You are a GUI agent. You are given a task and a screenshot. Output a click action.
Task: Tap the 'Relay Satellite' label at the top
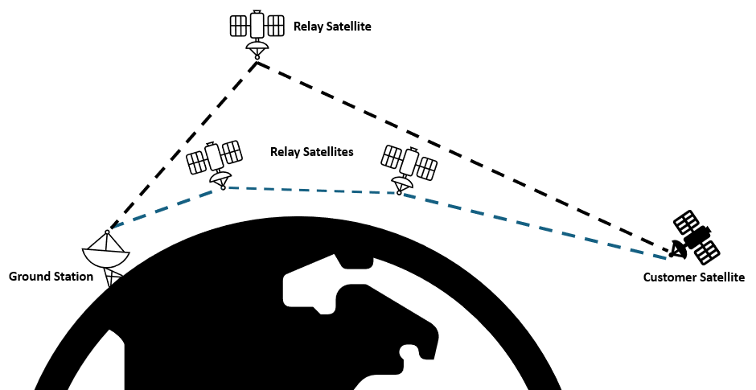coord(332,27)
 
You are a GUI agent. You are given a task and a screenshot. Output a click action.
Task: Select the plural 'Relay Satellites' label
coord(311,151)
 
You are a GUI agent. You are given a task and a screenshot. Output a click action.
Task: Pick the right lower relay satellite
coord(409,164)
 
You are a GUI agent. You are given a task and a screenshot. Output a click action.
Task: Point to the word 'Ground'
coord(29,277)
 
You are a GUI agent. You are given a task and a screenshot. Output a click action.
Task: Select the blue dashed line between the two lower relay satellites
coord(314,191)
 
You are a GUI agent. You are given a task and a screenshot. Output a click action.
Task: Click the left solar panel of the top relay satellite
coord(239,26)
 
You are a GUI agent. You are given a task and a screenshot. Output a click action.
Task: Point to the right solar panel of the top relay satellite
coord(276,26)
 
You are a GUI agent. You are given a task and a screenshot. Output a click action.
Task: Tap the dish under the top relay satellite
coord(257,49)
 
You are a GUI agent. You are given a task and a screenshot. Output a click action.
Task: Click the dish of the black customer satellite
coord(678,250)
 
